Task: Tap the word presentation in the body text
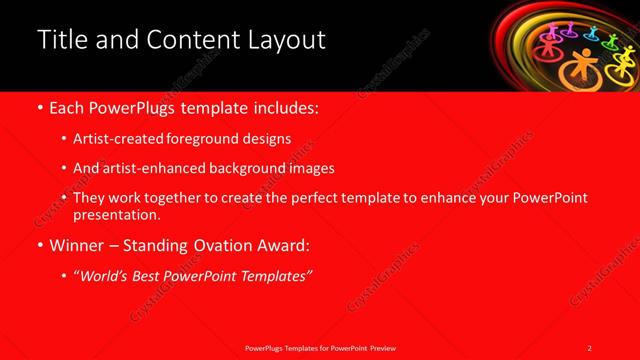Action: click(x=115, y=214)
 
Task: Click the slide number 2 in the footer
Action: click(x=590, y=347)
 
